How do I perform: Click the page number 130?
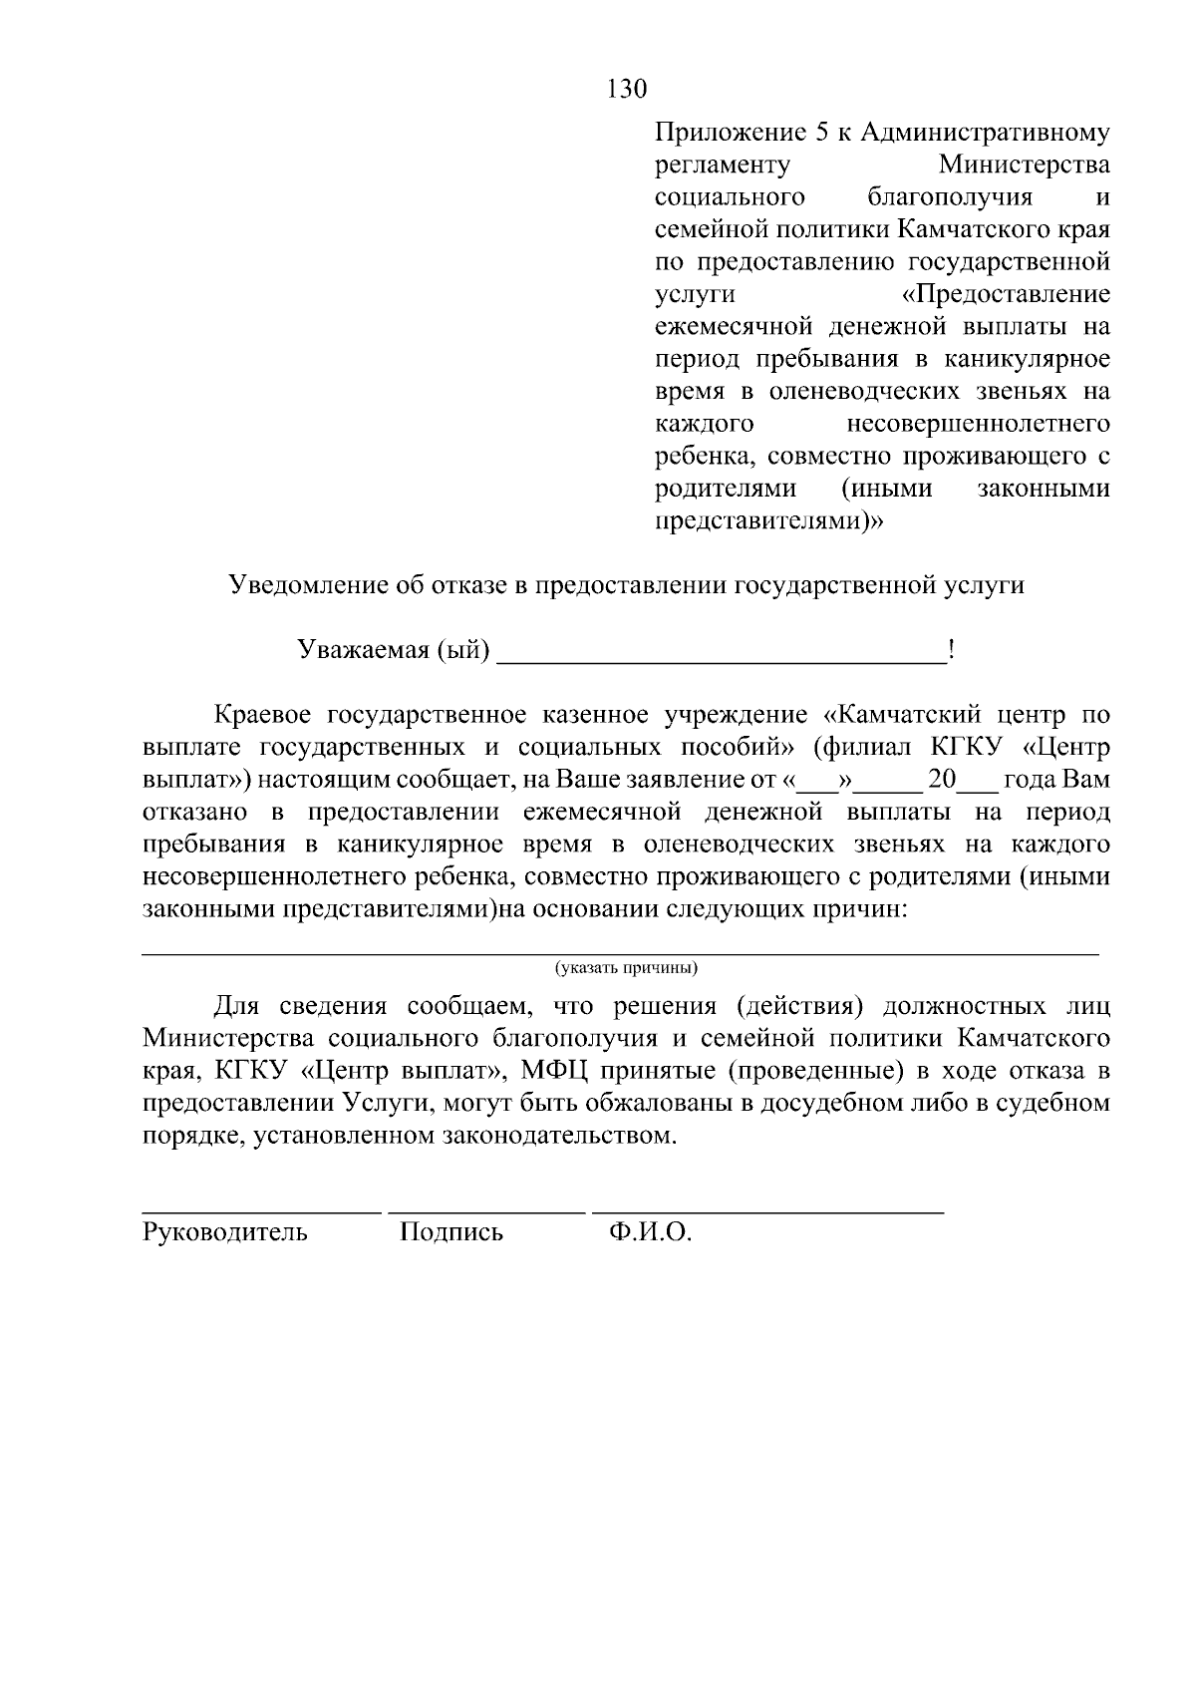[627, 89]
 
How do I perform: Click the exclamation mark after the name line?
[952, 650]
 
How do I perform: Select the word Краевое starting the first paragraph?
[261, 716]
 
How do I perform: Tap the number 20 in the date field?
[942, 780]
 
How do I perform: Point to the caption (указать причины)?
[626, 968]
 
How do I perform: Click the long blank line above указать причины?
[620, 954]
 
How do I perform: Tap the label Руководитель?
[225, 1233]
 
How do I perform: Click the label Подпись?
[450, 1233]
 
